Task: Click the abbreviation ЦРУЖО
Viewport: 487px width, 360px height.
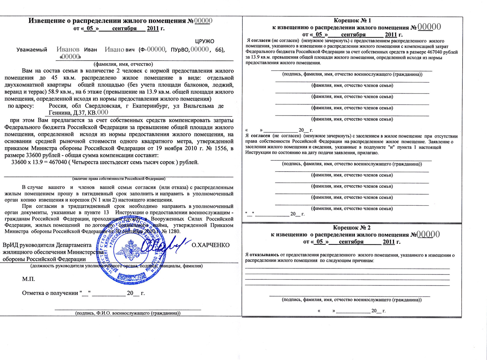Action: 205,41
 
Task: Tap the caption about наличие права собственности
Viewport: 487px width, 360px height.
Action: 118,178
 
